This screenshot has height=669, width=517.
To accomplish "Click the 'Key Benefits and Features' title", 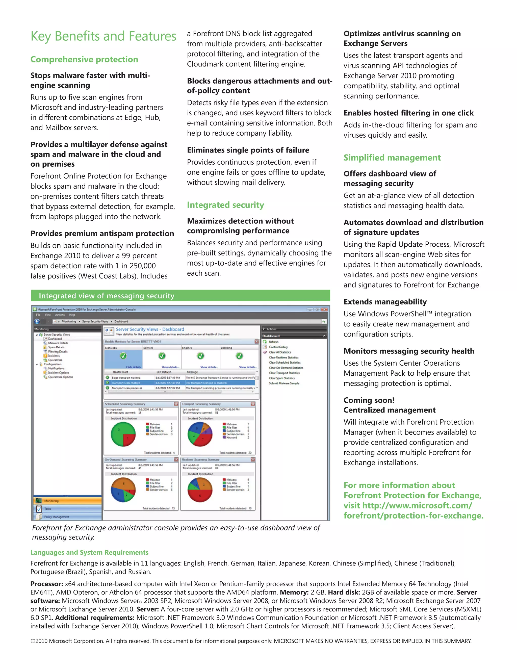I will pyautogui.click(x=103, y=36).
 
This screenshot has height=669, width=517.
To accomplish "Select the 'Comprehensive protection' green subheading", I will pyautogui.click(x=84, y=59).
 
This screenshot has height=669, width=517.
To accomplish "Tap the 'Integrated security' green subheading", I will pyautogui.click(x=225, y=205).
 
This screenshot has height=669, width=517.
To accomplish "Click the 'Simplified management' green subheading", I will pyautogui.click(x=392, y=158).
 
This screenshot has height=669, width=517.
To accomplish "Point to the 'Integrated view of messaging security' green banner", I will pyautogui.click(x=180, y=296).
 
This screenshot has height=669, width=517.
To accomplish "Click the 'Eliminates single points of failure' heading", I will pyautogui.click(x=248, y=150).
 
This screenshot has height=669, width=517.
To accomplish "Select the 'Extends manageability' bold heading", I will pyautogui.click(x=385, y=302).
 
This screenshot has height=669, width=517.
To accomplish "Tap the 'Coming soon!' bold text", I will pyautogui.click(x=369, y=400).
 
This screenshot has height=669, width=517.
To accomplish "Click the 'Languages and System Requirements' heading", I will pyautogui.click(x=89, y=552).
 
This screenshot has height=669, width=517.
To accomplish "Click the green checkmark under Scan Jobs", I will pyautogui.click(x=123, y=356).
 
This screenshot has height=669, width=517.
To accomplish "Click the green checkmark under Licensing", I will pyautogui.click(x=240, y=356).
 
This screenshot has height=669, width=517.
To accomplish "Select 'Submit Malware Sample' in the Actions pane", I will pyautogui.click(x=284, y=383).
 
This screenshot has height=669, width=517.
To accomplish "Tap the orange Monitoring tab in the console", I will pyautogui.click(x=67, y=501).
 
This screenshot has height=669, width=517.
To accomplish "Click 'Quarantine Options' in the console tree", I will pyautogui.click(x=60, y=377).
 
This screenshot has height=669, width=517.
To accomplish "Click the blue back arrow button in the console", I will pyautogui.click(x=37, y=321).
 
